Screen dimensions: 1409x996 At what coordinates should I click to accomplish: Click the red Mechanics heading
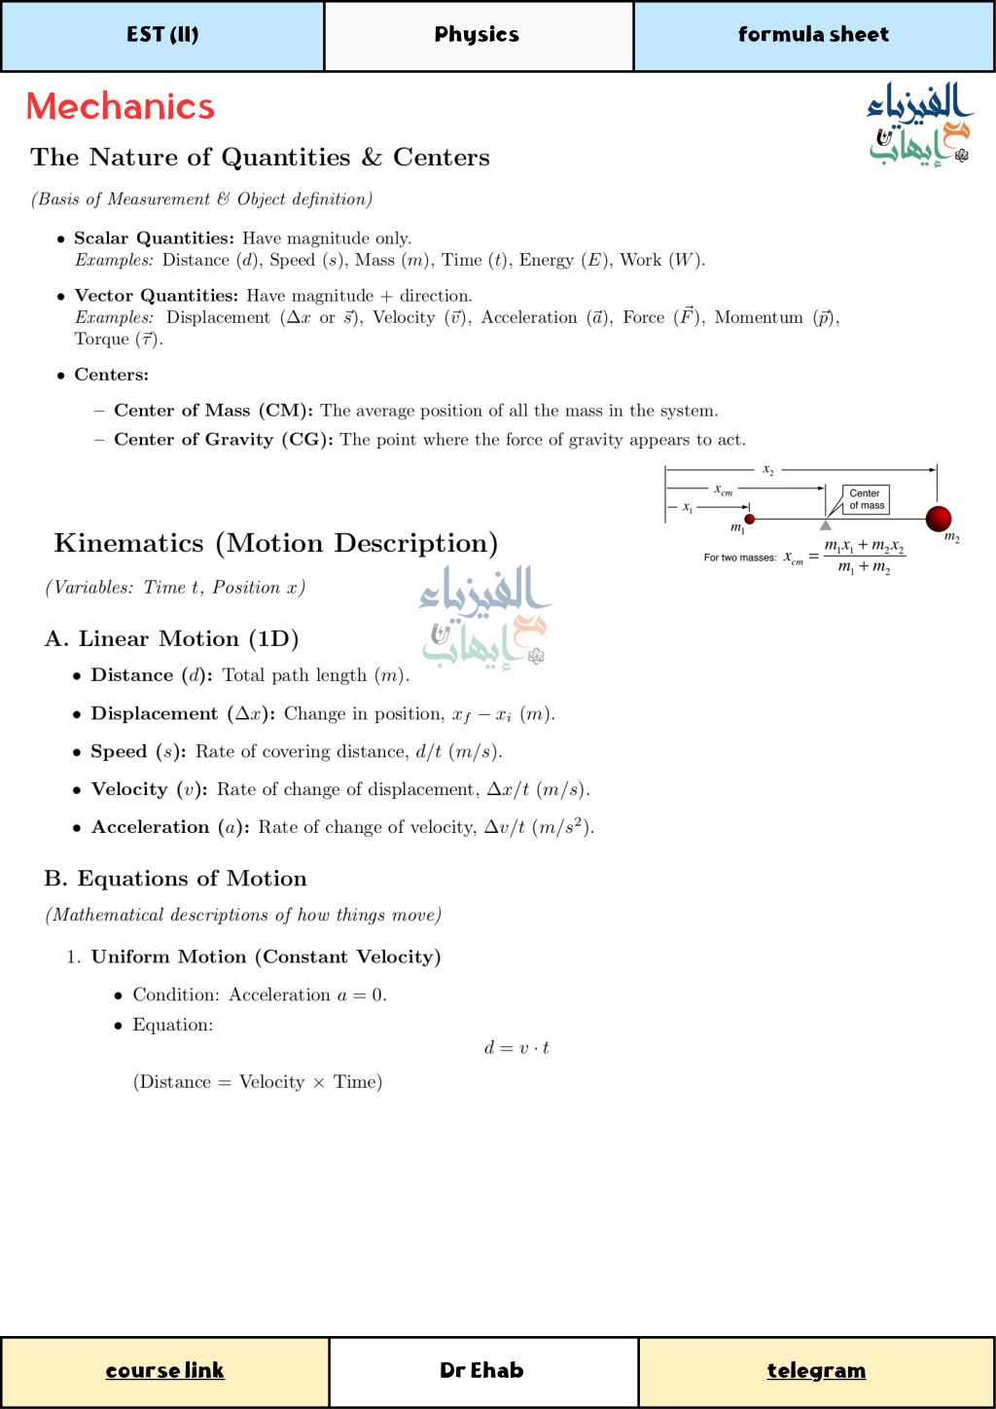120,106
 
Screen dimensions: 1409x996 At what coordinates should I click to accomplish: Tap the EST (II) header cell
162,35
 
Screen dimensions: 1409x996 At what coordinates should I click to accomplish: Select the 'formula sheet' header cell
813,35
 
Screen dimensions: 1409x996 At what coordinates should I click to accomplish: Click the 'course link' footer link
164,1370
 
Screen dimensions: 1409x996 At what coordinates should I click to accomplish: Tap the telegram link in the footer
816,1370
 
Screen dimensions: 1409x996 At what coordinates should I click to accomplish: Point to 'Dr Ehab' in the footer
481,1370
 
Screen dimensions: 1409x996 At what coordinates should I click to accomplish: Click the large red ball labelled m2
939,518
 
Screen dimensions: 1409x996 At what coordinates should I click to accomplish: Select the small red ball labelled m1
749,519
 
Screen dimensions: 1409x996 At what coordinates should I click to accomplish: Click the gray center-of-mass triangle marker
825,524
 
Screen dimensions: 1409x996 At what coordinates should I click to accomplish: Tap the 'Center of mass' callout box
866,499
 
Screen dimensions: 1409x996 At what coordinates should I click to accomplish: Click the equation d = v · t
516,1048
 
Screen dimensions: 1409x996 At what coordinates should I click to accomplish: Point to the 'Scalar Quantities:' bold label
154,238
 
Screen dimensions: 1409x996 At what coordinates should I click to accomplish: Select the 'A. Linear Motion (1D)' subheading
171,639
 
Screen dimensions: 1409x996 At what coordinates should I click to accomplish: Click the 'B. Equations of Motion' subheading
175,879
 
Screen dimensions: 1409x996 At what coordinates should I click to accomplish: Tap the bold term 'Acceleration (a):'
170,827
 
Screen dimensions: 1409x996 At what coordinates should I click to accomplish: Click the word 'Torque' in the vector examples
102,339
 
